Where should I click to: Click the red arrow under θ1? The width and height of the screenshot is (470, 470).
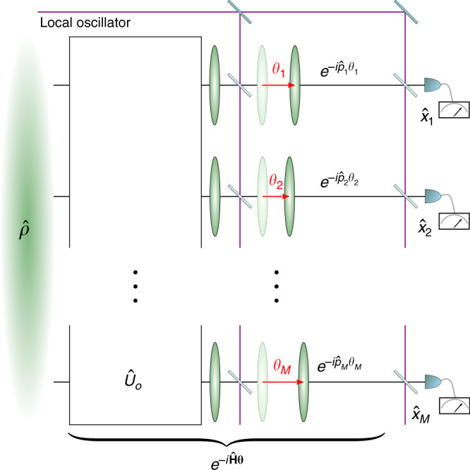278,84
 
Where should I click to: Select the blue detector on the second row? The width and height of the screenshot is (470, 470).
430,195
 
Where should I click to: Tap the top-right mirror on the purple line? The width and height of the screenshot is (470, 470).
405,6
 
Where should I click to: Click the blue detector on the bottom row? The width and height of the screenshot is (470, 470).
430,382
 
